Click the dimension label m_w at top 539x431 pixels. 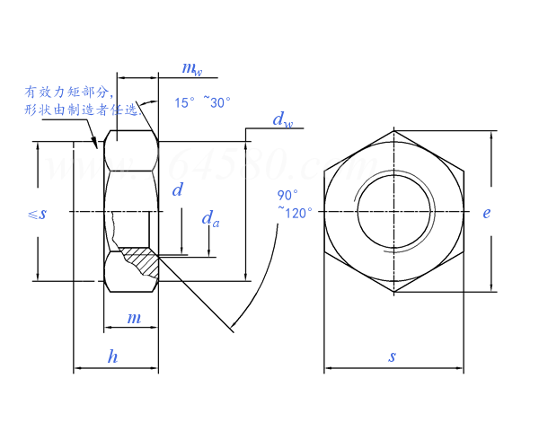190,68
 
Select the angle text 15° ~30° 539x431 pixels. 203,102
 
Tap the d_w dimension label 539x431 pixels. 282,119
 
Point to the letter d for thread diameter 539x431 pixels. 177,189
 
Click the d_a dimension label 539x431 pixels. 209,218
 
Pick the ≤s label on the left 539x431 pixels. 37,213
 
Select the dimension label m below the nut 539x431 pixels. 134,318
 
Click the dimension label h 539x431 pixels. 112,356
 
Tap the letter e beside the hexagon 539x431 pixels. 486,213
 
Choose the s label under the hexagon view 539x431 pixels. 392,356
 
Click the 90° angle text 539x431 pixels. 287,196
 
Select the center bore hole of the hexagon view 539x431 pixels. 393,213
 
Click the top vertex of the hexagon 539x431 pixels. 393,131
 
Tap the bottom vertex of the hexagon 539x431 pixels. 393,293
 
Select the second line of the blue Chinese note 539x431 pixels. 81,110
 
